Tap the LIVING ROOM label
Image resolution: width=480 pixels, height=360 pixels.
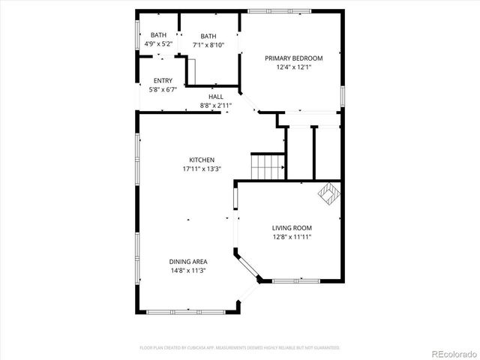292,228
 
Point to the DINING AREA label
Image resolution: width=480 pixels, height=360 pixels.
188,262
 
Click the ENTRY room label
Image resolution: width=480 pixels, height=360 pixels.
163,81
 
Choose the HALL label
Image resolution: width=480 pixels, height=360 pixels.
216,97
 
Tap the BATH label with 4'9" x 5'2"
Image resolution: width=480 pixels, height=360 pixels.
159,35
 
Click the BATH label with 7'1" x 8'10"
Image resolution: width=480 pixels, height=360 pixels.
208,36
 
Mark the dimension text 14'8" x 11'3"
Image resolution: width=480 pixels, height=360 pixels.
188,271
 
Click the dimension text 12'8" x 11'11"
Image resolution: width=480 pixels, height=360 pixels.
292,237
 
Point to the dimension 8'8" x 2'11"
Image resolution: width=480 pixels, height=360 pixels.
216,106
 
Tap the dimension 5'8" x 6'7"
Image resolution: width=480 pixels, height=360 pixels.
163,90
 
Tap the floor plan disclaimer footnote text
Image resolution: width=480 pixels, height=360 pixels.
240,348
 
